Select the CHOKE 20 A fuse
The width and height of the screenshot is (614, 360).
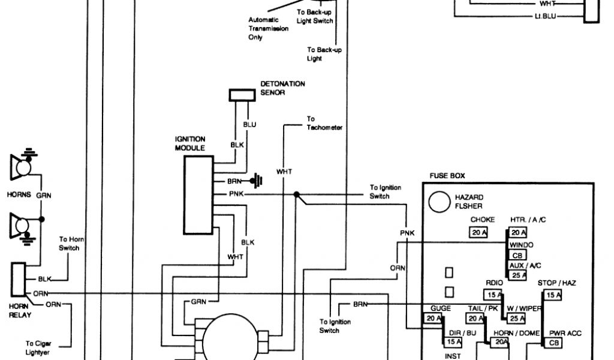478,233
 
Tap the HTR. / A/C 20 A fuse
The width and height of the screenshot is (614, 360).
519,233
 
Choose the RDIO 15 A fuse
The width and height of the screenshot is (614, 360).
493,295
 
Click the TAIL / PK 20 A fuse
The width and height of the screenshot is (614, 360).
475,319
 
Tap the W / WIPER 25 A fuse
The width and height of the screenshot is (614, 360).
517,319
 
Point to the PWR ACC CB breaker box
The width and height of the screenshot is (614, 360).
553,343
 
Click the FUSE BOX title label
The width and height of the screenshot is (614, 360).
447,176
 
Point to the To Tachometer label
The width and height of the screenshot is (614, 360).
324,123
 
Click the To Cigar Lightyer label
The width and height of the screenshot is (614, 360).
38,348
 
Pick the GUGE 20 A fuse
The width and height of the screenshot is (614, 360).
434,319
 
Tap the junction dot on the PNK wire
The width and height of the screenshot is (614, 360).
296,194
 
